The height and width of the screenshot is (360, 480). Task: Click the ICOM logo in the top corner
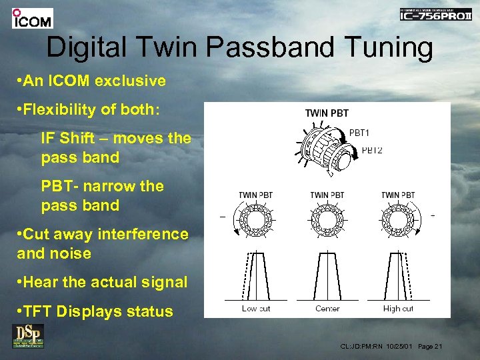[x=32, y=19]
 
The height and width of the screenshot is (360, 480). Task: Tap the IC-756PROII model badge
[x=435, y=14]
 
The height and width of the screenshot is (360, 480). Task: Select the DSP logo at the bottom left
[x=27, y=336]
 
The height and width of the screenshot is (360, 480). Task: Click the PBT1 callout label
[x=361, y=133]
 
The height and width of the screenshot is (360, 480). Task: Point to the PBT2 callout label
[x=371, y=150]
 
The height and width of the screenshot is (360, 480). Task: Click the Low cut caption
[x=255, y=309]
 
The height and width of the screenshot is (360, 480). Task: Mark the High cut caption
[x=398, y=309]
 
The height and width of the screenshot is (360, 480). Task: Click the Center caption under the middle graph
[x=327, y=309]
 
